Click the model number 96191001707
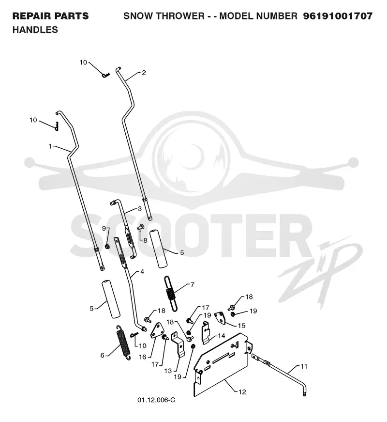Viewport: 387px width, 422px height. [338, 16]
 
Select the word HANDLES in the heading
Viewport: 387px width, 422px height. [35, 30]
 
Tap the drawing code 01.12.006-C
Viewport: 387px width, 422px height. [156, 400]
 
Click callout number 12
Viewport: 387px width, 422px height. [242, 392]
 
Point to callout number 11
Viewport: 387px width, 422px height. [304, 366]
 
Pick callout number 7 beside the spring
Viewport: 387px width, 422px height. [192, 284]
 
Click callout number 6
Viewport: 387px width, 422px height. [102, 355]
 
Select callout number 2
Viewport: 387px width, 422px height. [144, 73]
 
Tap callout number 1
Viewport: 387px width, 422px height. [50, 146]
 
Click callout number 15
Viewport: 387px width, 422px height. [241, 326]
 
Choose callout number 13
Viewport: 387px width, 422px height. [168, 371]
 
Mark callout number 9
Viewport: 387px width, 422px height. [104, 229]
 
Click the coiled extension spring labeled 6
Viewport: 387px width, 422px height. [124, 343]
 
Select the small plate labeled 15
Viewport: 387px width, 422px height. [221, 317]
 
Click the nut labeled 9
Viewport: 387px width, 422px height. [107, 246]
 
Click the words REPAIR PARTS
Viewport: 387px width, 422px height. [50, 16]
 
